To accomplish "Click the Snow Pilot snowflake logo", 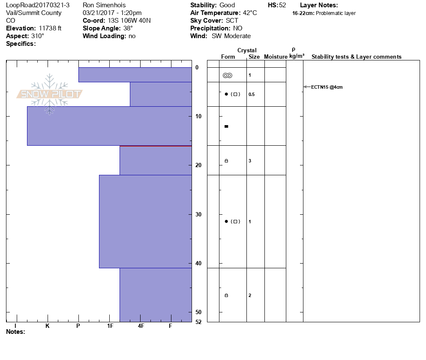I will [x=50, y=94].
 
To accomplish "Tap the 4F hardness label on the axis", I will [x=141, y=326].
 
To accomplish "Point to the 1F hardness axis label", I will [x=110, y=326].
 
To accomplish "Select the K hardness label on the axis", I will [x=48, y=326].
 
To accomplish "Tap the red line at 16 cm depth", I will [x=156, y=146].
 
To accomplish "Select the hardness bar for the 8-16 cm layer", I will [x=109, y=126].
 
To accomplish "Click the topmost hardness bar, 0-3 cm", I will [x=135, y=75].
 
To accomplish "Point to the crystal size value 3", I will [x=249, y=161].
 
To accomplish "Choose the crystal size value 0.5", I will [x=251, y=94].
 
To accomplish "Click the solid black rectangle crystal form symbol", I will [x=226, y=126].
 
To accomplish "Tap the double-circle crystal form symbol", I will [x=228, y=75].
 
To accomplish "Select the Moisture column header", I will [x=276, y=57].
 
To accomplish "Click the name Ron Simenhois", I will [x=104, y=5].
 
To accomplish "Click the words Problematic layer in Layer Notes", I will [x=336, y=13].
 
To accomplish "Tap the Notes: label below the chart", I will [x=15, y=332].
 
